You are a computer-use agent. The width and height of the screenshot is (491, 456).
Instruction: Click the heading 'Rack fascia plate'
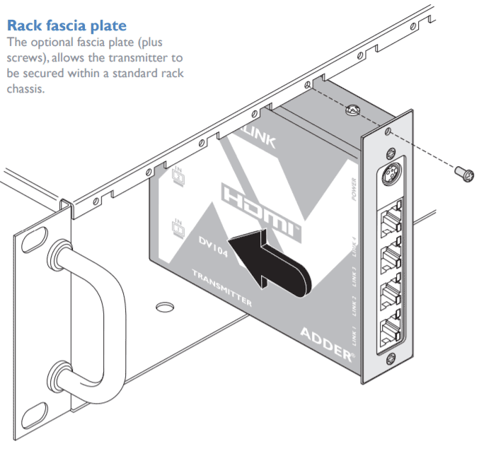pyautogui.click(x=67, y=26)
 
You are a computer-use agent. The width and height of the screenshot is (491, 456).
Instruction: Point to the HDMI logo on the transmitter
pyautogui.click(x=262, y=206)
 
